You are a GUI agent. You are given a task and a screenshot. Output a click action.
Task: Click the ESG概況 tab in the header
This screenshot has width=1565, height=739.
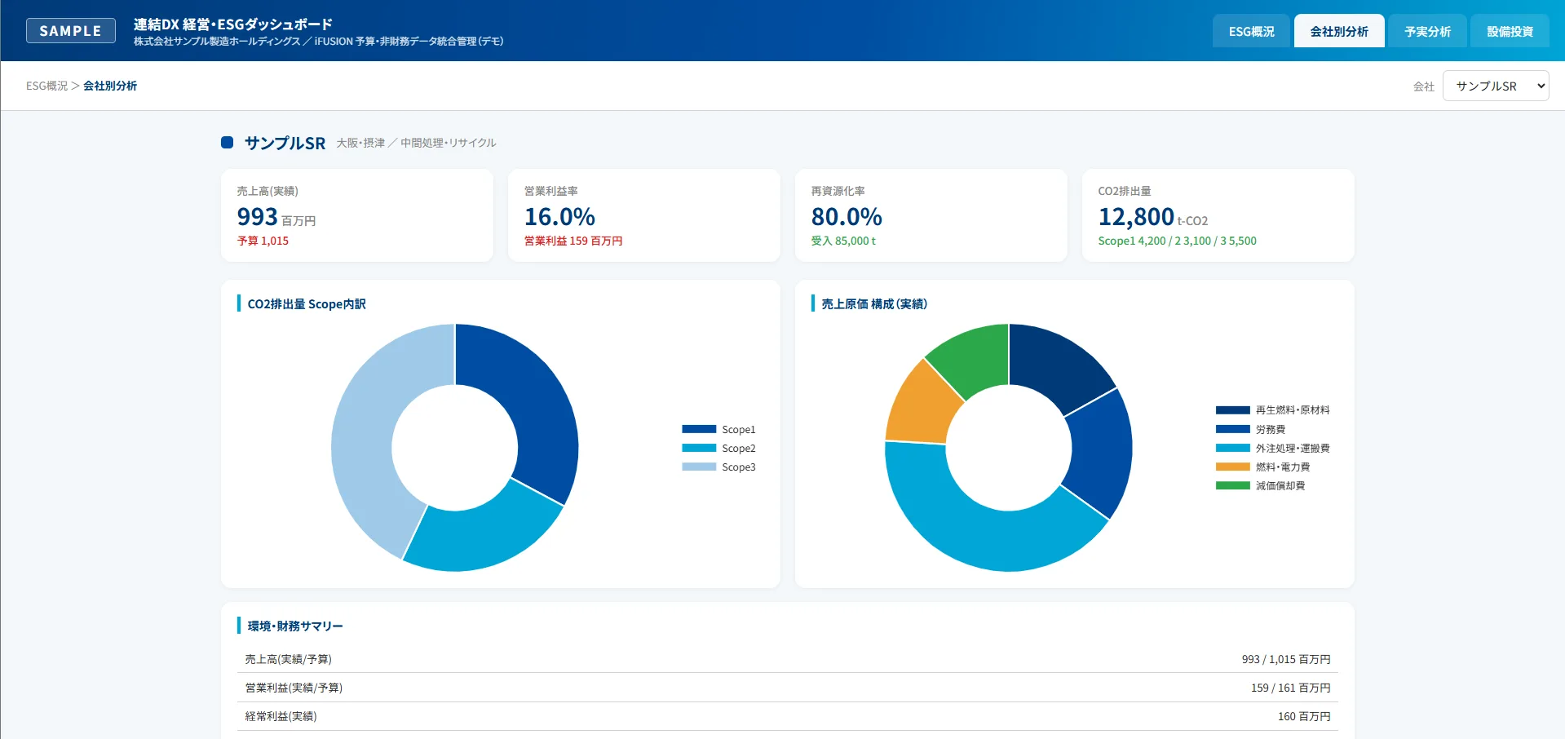coord(1251,31)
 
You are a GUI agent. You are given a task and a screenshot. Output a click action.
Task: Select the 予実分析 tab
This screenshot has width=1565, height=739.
coord(1427,31)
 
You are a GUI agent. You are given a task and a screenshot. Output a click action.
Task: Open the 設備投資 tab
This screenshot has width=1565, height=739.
coord(1510,31)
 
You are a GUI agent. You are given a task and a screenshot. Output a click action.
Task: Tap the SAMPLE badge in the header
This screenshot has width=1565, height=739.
coord(71,31)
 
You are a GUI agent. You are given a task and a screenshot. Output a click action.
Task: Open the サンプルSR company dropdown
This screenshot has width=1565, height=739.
coord(1496,86)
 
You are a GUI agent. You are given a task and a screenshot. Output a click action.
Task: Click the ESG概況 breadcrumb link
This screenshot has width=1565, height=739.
coord(47,86)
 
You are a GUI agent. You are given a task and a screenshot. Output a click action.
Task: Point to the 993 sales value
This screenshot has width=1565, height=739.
coord(258,217)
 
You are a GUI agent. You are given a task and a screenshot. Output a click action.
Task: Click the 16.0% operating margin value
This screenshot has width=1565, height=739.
coord(559,217)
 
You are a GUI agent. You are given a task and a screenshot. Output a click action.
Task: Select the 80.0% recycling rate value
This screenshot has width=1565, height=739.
coord(847,217)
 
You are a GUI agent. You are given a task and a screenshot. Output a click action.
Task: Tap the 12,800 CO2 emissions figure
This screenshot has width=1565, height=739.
coord(1136,217)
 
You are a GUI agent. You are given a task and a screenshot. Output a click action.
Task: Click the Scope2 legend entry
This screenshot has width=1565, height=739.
coord(718,448)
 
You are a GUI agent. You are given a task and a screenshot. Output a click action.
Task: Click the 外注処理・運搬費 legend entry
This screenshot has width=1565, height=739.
coord(1272,448)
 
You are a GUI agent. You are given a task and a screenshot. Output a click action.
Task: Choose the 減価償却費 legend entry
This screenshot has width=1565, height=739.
coord(1260,485)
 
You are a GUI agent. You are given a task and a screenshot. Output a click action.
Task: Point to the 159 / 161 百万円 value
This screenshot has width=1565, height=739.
coord(1290,688)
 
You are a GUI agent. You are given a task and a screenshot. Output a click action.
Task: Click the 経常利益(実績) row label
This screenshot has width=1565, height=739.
coord(281,716)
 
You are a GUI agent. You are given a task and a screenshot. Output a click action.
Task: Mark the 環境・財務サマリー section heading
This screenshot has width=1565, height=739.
coord(295,626)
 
